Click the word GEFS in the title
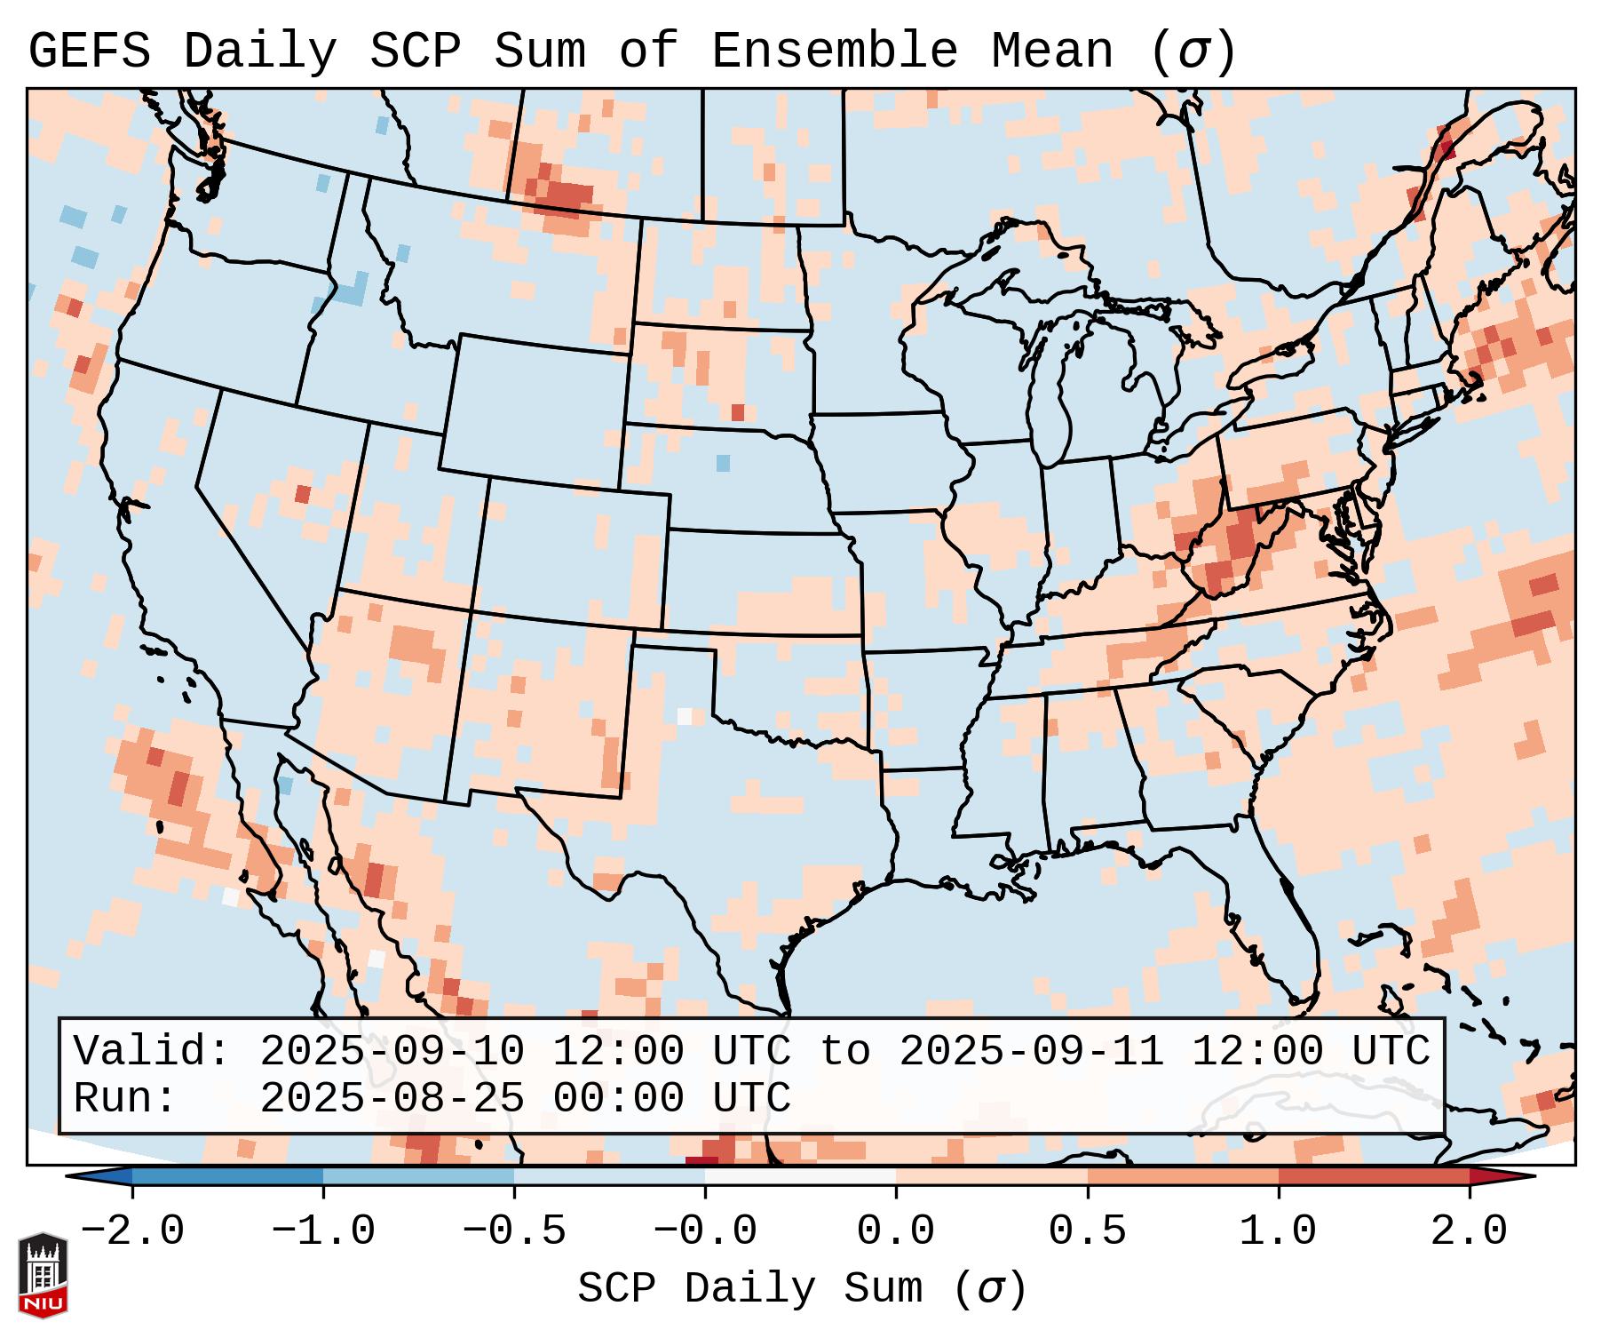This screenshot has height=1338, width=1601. tap(89, 52)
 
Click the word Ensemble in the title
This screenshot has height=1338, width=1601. tap(835, 52)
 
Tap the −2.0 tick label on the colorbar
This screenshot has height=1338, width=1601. tap(132, 1231)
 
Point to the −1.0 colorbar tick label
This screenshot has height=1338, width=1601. tap(323, 1231)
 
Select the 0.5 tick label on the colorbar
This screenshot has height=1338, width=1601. tap(1087, 1231)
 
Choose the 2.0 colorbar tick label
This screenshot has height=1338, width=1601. tap(1469, 1231)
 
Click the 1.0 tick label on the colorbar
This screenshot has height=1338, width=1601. tap(1278, 1231)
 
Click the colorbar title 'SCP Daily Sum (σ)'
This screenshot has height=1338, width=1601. tap(802, 1288)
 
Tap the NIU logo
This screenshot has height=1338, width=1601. tap(43, 1274)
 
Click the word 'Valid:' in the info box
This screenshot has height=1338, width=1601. tap(151, 1051)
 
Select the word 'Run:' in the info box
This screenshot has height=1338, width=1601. tap(124, 1098)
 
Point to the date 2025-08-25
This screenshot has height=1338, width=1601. tap(392, 1098)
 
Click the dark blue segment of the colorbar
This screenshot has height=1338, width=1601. tap(227, 1176)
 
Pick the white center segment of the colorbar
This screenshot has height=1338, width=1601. tap(800, 1176)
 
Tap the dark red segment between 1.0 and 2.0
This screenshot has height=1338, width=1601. tap(1373, 1176)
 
